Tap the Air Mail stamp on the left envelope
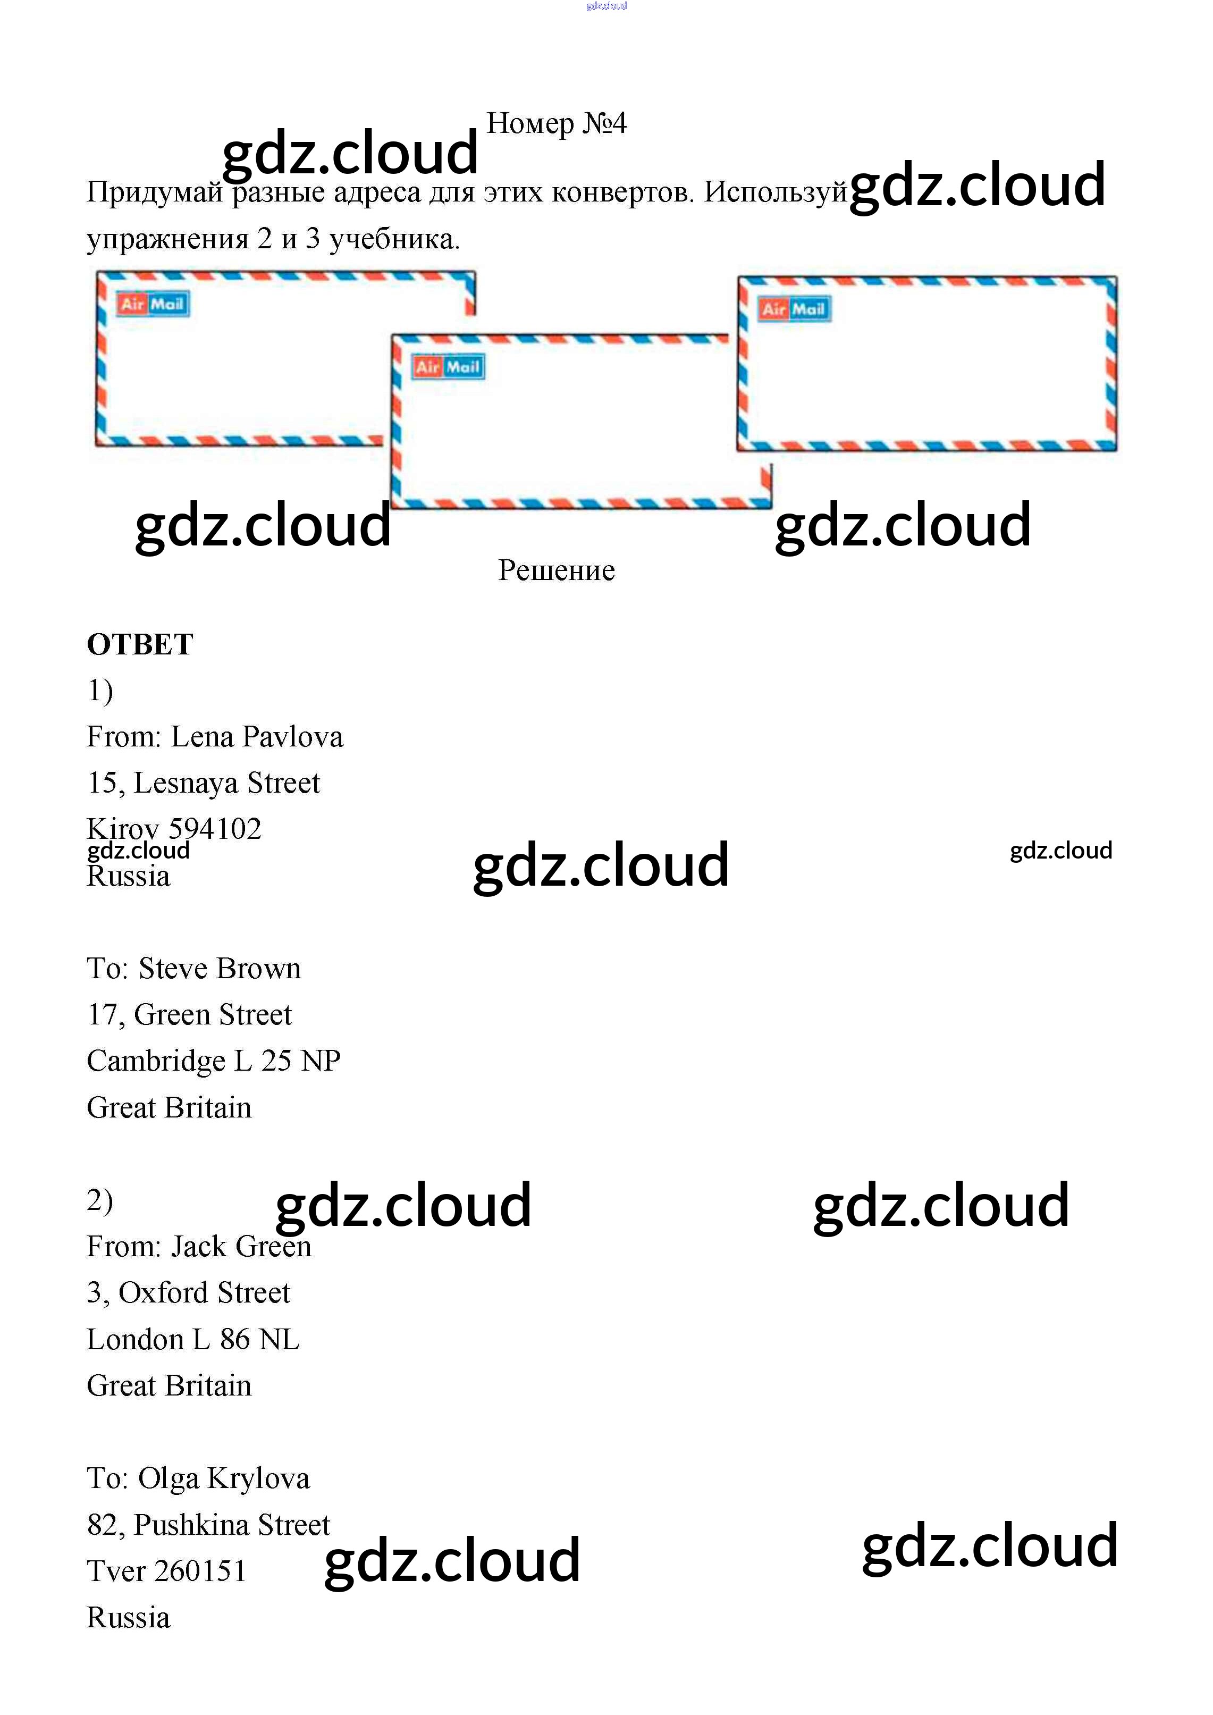click(x=153, y=304)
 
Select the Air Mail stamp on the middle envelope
click(x=448, y=367)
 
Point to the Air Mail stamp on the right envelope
click(x=793, y=309)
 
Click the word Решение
click(x=557, y=570)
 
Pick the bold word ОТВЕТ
click(x=140, y=644)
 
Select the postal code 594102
click(x=215, y=829)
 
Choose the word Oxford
click(x=164, y=1293)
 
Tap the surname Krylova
click(x=258, y=1479)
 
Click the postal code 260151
click(x=199, y=1571)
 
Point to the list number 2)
click(x=100, y=1200)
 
